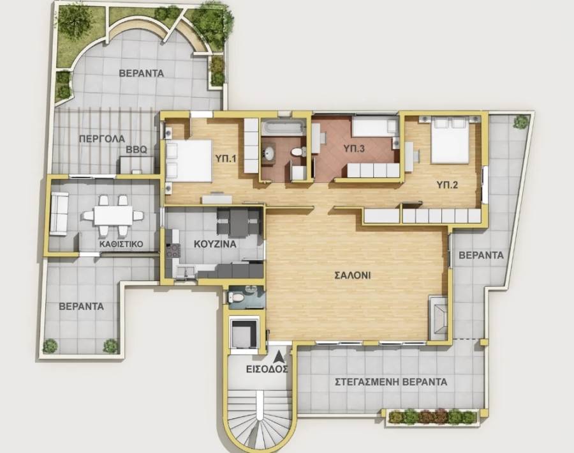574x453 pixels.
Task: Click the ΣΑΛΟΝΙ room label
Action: click(353, 275)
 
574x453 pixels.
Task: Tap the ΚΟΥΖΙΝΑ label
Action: click(215, 244)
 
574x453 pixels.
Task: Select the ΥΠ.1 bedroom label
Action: click(226, 159)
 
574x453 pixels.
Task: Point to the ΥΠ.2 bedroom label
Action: click(447, 185)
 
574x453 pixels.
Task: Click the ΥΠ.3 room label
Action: click(354, 149)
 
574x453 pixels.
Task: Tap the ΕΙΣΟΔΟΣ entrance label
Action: click(267, 369)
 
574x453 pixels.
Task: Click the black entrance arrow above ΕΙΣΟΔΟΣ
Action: click(279, 357)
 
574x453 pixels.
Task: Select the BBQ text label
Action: click(136, 150)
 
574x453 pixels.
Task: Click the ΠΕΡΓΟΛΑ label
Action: click(102, 139)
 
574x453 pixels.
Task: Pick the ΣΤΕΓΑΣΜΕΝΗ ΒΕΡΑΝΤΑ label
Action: click(391, 382)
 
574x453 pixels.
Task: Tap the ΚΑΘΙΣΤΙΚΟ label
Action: click(121, 244)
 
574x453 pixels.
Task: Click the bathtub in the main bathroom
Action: click(283, 127)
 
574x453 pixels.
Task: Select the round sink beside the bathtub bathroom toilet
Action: click(270, 153)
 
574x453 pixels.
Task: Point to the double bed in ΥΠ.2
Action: click(450, 140)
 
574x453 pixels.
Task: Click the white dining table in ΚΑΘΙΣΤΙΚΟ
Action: click(113, 215)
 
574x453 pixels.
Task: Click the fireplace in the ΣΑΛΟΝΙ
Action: click(438, 316)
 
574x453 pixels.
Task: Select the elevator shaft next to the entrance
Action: click(244, 333)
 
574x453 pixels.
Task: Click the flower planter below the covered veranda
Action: click(432, 417)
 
